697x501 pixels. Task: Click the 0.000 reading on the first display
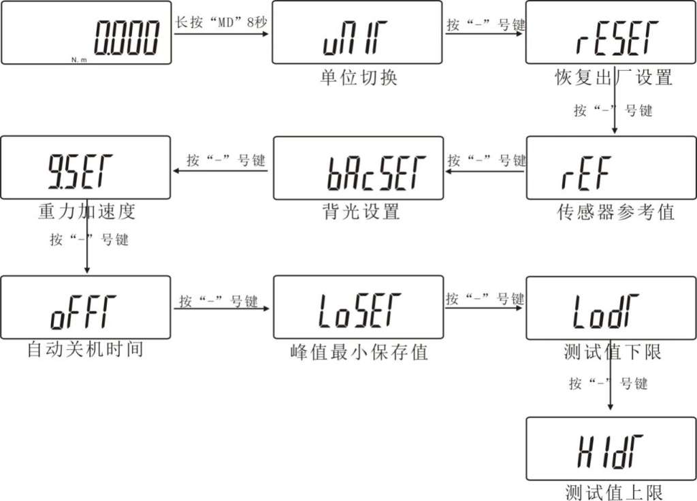pos(126,38)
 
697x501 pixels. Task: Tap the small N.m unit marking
pos(79,60)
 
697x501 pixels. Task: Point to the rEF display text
pos(586,173)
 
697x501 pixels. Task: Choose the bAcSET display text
pos(376,173)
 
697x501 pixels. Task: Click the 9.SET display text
pos(80,172)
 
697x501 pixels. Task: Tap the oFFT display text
pos(83,312)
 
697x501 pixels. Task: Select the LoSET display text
pos(359,310)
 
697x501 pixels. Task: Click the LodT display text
pos(605,311)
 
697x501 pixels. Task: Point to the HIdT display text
pos(610,452)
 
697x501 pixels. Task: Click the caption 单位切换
pos(358,78)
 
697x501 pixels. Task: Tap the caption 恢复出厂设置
pos(613,78)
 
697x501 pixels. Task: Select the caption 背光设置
pos(361,212)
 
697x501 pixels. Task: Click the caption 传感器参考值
pos(615,212)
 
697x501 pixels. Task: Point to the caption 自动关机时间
pos(85,349)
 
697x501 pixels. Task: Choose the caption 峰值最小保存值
pos(359,352)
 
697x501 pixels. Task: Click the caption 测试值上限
pos(614,491)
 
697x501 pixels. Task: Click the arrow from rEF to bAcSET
pos(485,171)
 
